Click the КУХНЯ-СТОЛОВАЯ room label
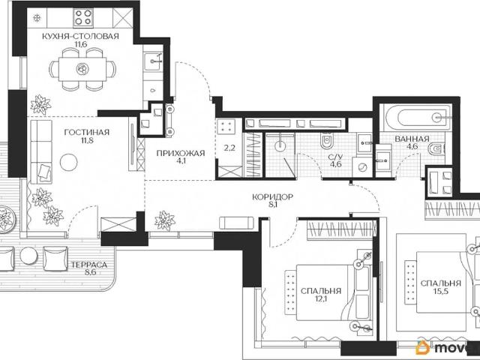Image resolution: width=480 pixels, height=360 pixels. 80,37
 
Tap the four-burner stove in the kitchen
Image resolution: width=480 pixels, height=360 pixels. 83,17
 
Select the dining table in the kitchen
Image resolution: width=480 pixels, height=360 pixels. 82,69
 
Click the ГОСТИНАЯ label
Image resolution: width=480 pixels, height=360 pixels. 87,132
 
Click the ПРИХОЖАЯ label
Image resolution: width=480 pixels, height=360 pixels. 180,153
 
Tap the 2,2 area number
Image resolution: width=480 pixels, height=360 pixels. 229,148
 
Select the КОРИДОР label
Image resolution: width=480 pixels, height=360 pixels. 272,196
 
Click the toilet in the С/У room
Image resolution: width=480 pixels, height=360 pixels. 326,141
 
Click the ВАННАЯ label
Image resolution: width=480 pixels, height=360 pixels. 412,139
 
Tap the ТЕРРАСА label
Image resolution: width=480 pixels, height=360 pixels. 89,265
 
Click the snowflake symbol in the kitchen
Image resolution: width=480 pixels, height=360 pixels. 37,18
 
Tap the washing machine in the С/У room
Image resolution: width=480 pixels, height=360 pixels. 362,167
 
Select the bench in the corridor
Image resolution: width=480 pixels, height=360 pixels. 237,223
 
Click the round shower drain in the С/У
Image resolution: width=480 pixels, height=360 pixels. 280,145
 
